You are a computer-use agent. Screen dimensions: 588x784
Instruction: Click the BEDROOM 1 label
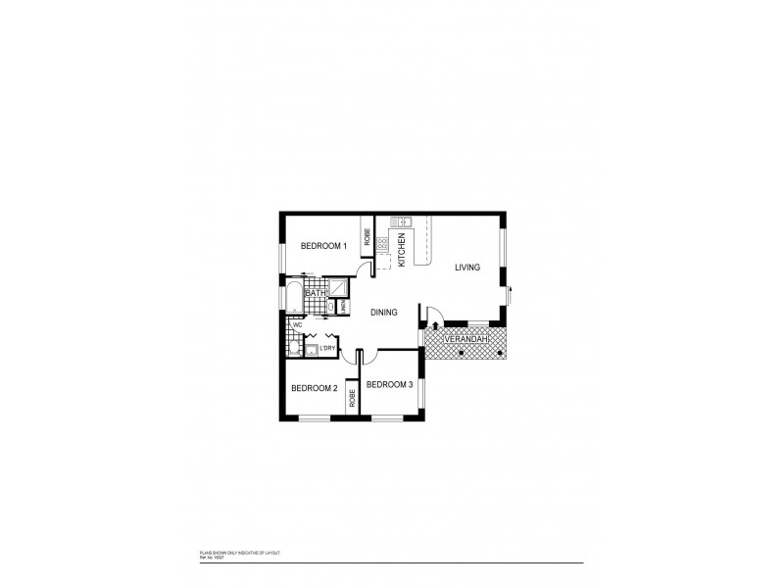pyautogui.click(x=323, y=246)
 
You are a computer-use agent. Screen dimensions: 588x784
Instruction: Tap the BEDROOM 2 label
pyautogui.click(x=314, y=389)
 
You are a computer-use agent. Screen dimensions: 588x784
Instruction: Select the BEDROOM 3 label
pyautogui.click(x=389, y=384)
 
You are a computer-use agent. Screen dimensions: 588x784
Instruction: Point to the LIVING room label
pyautogui.click(x=466, y=267)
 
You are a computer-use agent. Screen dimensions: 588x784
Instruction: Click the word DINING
pyautogui.click(x=383, y=313)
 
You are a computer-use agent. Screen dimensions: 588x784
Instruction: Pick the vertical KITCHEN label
pyautogui.click(x=402, y=248)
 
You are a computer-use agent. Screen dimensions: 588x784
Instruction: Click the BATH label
pyautogui.click(x=315, y=292)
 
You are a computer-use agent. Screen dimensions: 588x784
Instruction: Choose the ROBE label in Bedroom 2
pyautogui.click(x=350, y=398)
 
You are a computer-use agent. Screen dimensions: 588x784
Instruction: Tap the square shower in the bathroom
pyautogui.click(x=338, y=287)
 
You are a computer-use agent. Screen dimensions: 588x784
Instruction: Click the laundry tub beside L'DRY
pyautogui.click(x=311, y=350)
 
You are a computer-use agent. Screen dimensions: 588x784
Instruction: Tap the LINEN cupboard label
pyautogui.click(x=343, y=308)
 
